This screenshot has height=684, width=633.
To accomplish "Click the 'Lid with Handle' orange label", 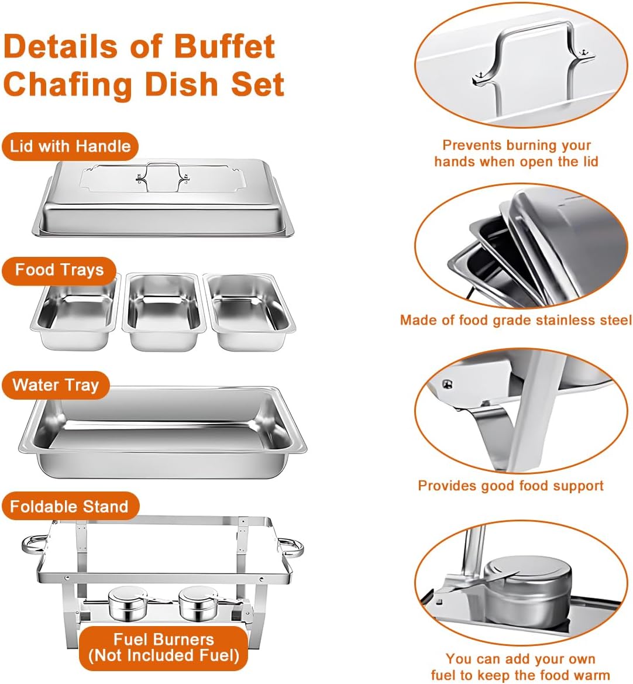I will click(70, 146).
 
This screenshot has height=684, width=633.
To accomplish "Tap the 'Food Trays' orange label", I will click(59, 270).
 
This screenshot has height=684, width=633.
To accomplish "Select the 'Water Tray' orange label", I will click(56, 386).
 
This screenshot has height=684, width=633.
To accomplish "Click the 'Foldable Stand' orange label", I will click(69, 506).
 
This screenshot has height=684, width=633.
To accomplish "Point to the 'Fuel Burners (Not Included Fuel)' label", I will click(164, 648).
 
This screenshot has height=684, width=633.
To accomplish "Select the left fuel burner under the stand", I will click(123, 604).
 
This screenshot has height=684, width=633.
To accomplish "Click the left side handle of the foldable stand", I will click(33, 546).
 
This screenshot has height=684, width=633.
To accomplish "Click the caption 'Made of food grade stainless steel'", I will click(515, 320).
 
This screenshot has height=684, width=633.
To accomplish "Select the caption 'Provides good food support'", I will click(511, 486).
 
